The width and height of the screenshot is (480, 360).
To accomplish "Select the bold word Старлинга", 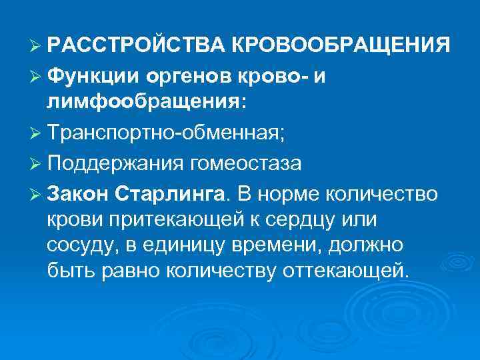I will (x=171, y=194).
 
